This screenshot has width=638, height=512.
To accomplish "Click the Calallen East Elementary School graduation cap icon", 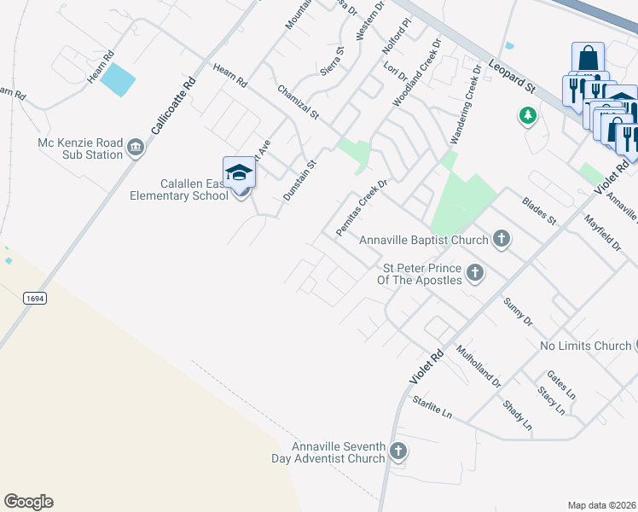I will [239, 172].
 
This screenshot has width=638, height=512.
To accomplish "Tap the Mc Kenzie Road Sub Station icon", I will [136, 150].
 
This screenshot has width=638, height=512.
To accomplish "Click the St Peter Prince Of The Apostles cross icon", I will [475, 274].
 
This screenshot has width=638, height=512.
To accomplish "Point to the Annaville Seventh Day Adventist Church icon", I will [397, 451].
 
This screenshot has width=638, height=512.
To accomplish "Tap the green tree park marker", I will [528, 115].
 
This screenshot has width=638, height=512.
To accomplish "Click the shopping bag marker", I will [588, 59].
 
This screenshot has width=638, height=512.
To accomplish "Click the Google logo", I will [28, 502].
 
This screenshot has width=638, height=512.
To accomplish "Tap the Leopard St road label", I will [513, 76].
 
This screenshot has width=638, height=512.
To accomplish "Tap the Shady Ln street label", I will [517, 415].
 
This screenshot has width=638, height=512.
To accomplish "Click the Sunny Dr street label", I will [517, 312].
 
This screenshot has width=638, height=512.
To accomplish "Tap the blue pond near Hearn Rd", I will [119, 79].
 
